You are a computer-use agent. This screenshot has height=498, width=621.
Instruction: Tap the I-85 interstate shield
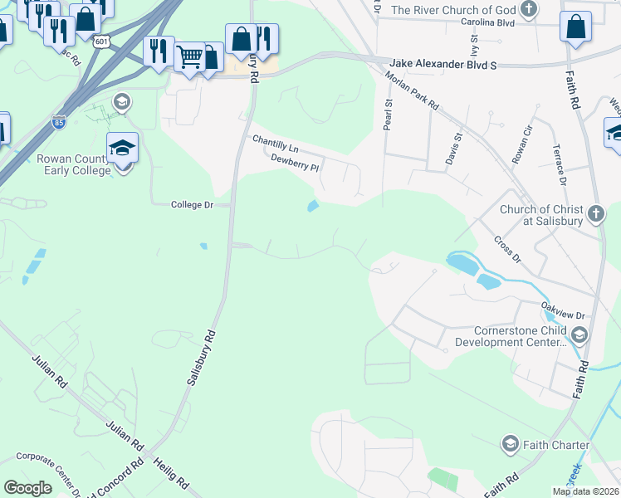tap(58, 120)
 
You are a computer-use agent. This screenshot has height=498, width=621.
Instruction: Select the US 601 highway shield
tap(101, 41)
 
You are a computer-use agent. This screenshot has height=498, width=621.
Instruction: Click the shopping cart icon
tap(190, 56)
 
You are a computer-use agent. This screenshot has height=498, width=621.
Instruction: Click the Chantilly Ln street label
tap(276, 144)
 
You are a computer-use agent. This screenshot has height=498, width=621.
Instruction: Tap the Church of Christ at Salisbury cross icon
tap(594, 215)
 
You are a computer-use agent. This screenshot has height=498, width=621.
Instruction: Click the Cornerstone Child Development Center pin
tap(578, 335)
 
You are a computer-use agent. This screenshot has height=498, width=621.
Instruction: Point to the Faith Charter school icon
tap(509, 445)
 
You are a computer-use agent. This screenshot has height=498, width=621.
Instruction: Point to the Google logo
tap(28, 488)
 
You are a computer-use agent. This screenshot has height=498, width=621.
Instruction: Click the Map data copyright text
tap(585, 491)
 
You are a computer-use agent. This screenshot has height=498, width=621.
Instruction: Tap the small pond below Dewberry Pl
tap(312, 206)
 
